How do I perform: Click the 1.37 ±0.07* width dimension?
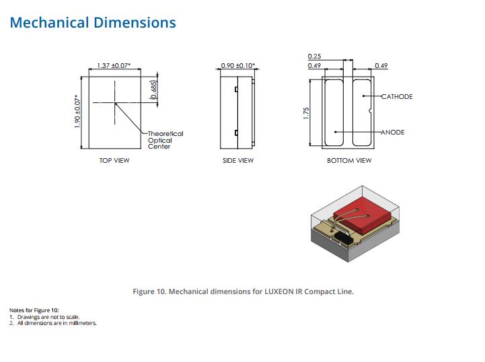(114, 65)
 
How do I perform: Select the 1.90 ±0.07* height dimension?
(77, 112)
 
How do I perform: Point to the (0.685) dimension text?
(153, 89)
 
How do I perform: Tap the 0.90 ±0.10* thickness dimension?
(238, 65)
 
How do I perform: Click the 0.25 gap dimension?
(314, 57)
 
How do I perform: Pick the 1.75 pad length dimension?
(306, 113)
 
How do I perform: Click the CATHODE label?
(397, 96)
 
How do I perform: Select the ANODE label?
(393, 132)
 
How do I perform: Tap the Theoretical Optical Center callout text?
(165, 140)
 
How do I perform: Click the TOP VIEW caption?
(114, 160)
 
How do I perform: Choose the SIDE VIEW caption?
(238, 160)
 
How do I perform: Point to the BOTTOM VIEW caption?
(349, 160)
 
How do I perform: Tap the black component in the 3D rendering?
(342, 238)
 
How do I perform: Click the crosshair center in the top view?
(115, 103)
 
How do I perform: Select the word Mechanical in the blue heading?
(50, 23)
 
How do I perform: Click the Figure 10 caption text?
(243, 291)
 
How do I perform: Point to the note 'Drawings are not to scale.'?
(48, 317)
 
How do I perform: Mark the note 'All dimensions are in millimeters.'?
(57, 323)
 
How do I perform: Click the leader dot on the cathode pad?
(363, 96)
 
